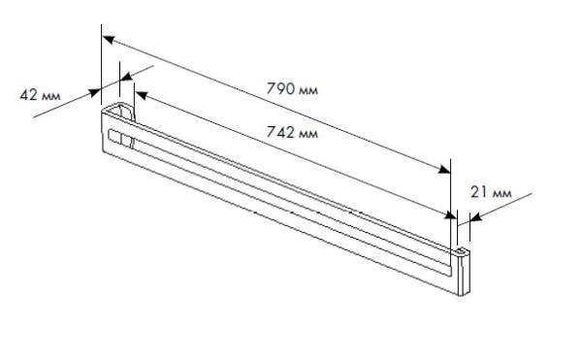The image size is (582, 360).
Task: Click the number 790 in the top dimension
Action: pyautogui.click(x=280, y=88)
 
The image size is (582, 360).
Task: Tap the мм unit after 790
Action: pyautogui.click(x=308, y=90)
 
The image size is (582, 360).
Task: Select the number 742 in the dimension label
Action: pyautogui.click(x=280, y=132)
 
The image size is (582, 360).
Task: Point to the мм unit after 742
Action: pyautogui.click(x=308, y=134)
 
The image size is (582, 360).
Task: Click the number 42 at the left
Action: pyautogui.click(x=28, y=95)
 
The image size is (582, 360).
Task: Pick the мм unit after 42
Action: pyautogui.click(x=50, y=96)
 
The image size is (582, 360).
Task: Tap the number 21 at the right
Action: pyautogui.click(x=479, y=192)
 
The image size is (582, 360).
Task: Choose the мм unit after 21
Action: pyautogui.click(x=501, y=194)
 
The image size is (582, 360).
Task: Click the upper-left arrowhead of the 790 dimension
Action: pyautogui.click(x=109, y=40)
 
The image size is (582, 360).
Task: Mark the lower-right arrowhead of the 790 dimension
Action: pyautogui.click(x=444, y=169)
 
